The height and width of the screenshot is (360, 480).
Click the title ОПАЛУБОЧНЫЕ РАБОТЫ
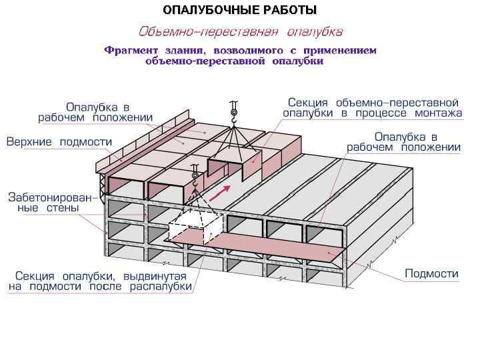239,10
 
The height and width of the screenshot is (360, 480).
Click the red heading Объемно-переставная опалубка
241,31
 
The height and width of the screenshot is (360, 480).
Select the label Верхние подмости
59,142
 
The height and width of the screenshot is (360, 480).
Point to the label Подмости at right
432,273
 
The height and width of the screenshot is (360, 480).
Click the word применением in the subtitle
339,51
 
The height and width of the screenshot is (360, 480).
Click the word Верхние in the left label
31,142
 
